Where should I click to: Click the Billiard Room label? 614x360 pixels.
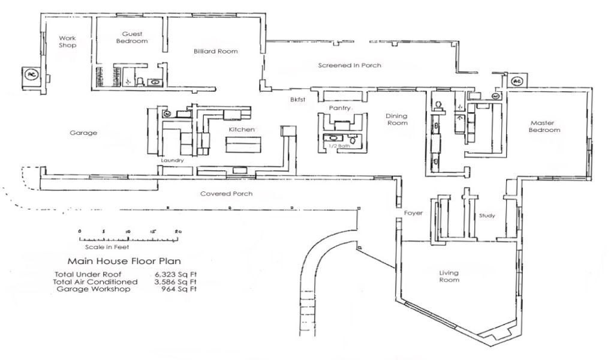(215, 52)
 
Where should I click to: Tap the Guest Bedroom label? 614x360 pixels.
(132, 38)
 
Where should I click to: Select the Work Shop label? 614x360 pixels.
(68, 41)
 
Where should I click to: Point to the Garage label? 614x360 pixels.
(83, 133)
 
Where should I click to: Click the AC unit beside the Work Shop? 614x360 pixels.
(31, 74)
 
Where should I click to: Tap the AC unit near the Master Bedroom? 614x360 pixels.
(517, 81)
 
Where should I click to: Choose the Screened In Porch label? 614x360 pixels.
(350, 65)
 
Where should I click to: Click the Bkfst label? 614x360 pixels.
(297, 100)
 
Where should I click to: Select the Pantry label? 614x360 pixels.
(339, 108)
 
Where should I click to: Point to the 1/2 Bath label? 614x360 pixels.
(339, 146)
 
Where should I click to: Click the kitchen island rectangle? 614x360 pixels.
(243, 145)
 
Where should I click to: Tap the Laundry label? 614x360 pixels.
(172, 160)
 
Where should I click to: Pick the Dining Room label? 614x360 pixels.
(397, 119)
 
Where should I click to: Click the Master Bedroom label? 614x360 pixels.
(544, 126)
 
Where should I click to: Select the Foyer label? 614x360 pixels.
(414, 213)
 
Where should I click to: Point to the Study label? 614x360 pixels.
(487, 215)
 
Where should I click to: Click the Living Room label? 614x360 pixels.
(449, 276)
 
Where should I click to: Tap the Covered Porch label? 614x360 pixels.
(226, 194)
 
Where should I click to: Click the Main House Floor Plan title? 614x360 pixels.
(124, 261)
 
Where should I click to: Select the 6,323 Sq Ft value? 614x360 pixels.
(176, 274)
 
